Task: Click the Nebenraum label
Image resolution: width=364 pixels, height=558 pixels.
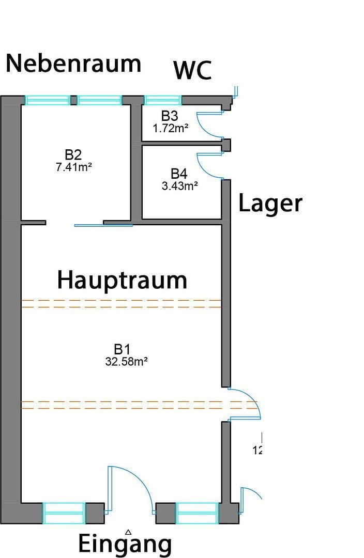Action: click(x=73, y=64)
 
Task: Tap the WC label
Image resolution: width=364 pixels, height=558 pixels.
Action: click(x=192, y=71)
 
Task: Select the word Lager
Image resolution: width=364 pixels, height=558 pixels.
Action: click(x=270, y=204)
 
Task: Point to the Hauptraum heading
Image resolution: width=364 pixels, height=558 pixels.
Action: click(x=122, y=280)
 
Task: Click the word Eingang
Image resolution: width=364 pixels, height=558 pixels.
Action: click(x=125, y=544)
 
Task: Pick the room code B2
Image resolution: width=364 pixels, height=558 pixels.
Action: click(x=73, y=154)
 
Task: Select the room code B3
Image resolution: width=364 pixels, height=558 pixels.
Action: click(x=170, y=116)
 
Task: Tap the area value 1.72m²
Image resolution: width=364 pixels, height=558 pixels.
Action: click(x=170, y=128)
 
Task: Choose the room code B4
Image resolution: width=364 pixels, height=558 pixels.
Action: click(x=179, y=174)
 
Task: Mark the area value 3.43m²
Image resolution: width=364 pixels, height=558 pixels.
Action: click(x=179, y=186)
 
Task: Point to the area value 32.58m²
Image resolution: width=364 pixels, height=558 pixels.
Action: click(x=127, y=362)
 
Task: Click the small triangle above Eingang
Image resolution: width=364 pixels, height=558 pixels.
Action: click(x=128, y=531)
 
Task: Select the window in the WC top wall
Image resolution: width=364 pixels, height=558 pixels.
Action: click(x=162, y=100)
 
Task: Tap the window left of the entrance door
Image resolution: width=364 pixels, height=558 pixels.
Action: click(x=64, y=513)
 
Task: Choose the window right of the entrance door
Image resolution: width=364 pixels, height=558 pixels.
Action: click(x=196, y=513)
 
